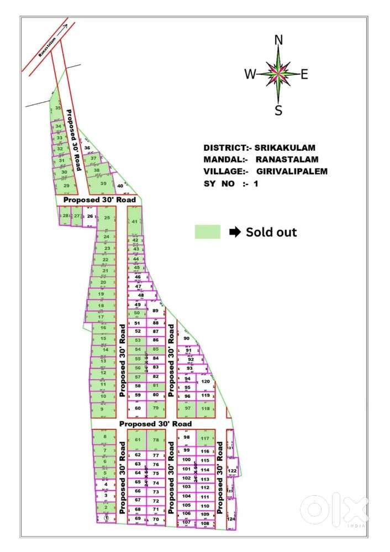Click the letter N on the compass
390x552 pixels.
pyautogui.click(x=278, y=39)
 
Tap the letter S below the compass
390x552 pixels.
pyautogui.click(x=278, y=111)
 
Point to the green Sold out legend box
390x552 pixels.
pyautogui.click(x=208, y=232)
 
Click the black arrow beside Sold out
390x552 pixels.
pyautogui.click(x=235, y=232)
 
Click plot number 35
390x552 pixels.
pyautogui.click(x=58, y=108)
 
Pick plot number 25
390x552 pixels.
pyautogui.click(x=107, y=218)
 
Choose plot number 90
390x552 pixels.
pyautogui.click(x=187, y=339)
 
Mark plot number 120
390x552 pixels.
pyautogui.click(x=205, y=382)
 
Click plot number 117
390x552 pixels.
pyautogui.click(x=205, y=439)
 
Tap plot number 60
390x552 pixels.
pyautogui.click(x=138, y=408)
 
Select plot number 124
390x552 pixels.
pyautogui.click(x=231, y=519)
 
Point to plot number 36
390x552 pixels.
pyautogui.click(x=87, y=148)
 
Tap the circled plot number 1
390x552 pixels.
pyautogui.click(x=106, y=518)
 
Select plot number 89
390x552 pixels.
pyautogui.click(x=155, y=311)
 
